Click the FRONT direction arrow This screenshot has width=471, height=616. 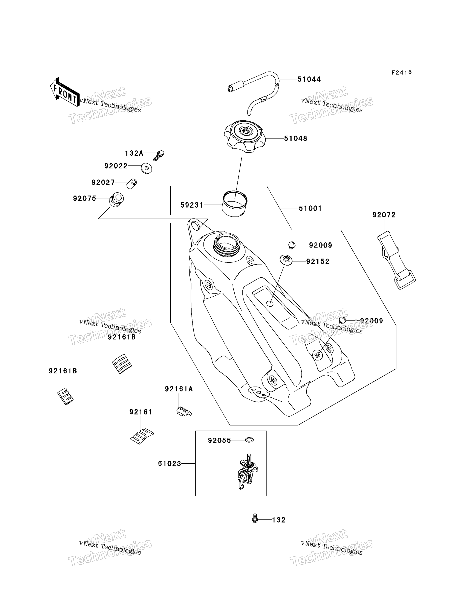click(x=65, y=92)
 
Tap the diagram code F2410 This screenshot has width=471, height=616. click(x=401, y=73)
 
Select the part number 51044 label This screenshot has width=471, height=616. click(x=309, y=79)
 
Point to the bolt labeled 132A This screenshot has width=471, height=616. click(x=159, y=155)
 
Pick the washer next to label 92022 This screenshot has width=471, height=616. click(x=146, y=168)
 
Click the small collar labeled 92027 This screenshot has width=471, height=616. click(x=132, y=184)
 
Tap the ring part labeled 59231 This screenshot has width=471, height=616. click(x=235, y=204)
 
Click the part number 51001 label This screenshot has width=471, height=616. click(x=310, y=208)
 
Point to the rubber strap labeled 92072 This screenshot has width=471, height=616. click(x=396, y=260)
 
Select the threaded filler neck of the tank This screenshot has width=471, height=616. click(x=227, y=244)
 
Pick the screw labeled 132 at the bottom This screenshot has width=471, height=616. click(x=255, y=518)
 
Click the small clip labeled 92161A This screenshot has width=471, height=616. click(x=184, y=411)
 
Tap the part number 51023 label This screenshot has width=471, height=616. click(x=169, y=464)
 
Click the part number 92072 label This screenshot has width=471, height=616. click(x=384, y=215)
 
